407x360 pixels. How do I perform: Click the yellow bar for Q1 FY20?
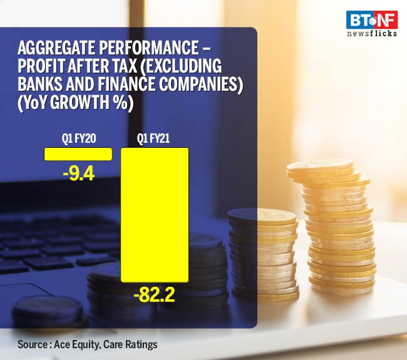pyautogui.click(x=78, y=154)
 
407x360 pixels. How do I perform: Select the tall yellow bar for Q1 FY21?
pyautogui.click(x=155, y=214)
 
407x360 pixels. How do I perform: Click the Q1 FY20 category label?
pyautogui.click(x=78, y=139)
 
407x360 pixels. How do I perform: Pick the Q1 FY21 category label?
pyautogui.click(x=155, y=139)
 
